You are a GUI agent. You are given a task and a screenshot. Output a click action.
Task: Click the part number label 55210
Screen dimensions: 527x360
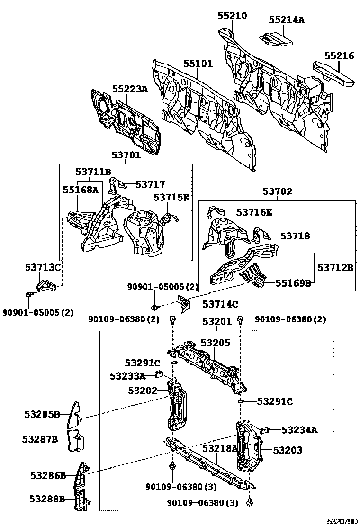click(x=232, y=16)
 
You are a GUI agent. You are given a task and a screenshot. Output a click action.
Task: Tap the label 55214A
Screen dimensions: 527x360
click(x=287, y=19)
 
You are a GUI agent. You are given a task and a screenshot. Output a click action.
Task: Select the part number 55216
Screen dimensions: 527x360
click(x=339, y=55)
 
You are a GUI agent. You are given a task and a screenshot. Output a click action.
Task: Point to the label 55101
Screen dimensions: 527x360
click(x=198, y=64)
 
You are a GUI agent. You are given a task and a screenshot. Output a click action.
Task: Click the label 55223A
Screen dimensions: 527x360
click(x=130, y=89)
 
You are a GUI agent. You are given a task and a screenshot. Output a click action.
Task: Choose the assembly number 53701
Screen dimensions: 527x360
click(x=126, y=155)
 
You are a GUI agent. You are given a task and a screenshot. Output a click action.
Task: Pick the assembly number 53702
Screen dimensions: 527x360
click(x=278, y=191)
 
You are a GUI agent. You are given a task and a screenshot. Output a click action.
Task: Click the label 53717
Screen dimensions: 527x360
click(x=150, y=184)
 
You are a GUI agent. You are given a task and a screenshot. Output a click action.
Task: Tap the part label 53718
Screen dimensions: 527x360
click(x=295, y=236)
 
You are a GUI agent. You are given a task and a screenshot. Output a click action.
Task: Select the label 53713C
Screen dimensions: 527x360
click(x=43, y=268)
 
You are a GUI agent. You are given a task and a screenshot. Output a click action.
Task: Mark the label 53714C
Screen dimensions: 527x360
click(x=220, y=304)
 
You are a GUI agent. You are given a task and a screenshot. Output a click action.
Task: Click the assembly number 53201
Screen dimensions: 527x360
click(x=217, y=322)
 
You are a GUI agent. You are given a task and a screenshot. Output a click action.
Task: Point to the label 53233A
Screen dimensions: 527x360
click(x=127, y=376)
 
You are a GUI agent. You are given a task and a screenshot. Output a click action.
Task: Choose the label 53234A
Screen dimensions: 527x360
click(x=299, y=430)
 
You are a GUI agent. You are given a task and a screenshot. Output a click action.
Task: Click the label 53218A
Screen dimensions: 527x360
click(x=219, y=448)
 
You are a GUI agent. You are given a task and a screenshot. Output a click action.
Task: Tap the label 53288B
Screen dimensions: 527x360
click(x=47, y=499)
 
